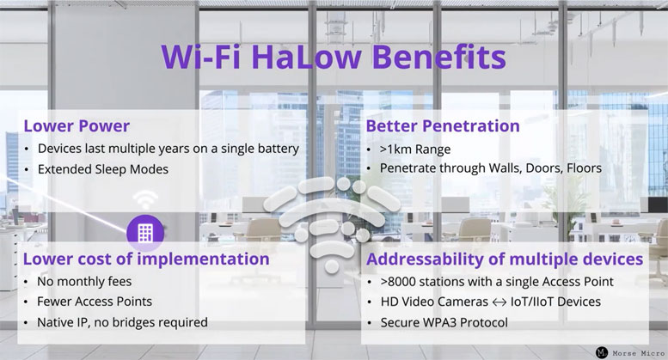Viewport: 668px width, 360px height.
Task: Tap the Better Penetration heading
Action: coord(443,125)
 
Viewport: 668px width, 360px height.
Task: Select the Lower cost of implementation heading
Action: coord(146,259)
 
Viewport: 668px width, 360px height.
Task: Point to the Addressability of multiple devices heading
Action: coord(504,259)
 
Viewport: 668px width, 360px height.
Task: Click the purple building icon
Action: coord(144,232)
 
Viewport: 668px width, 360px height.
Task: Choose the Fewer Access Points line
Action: coord(95,302)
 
